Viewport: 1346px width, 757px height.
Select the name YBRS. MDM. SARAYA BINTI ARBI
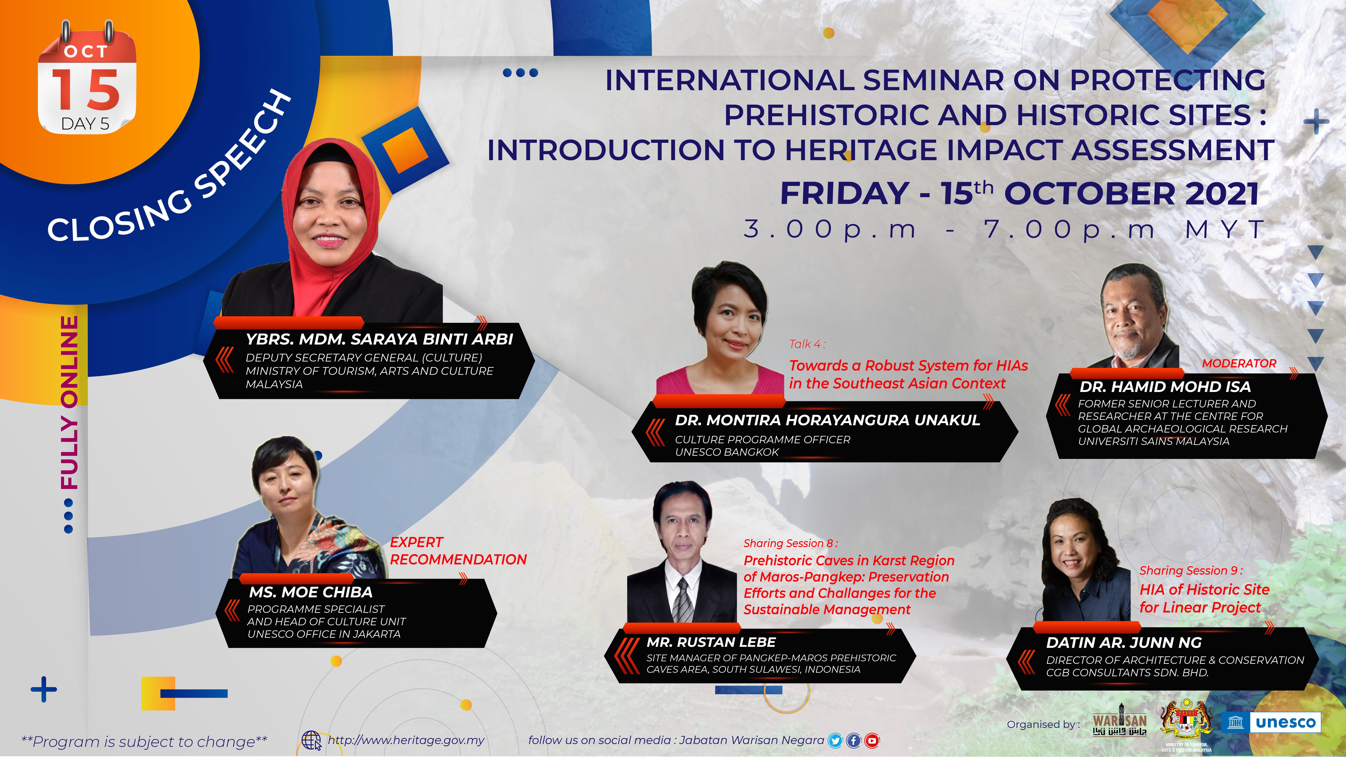click(x=379, y=339)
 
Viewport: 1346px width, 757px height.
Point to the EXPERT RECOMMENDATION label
click(x=458, y=551)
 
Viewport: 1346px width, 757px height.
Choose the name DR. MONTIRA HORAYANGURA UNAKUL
click(x=827, y=420)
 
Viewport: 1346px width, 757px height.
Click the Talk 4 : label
click(x=807, y=344)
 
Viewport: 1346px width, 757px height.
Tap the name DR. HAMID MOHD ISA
click(x=1165, y=387)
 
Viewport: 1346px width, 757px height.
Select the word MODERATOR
click(x=1239, y=363)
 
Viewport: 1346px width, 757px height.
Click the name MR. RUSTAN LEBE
click(x=711, y=642)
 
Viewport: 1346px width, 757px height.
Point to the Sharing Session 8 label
click(x=790, y=543)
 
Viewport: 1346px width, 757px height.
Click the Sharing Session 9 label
click(x=1191, y=570)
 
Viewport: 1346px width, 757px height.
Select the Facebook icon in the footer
click(x=853, y=740)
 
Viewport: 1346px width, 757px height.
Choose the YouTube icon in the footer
click(x=872, y=740)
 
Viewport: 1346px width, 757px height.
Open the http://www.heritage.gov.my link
click(x=406, y=740)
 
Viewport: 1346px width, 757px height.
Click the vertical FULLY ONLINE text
click(x=69, y=402)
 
